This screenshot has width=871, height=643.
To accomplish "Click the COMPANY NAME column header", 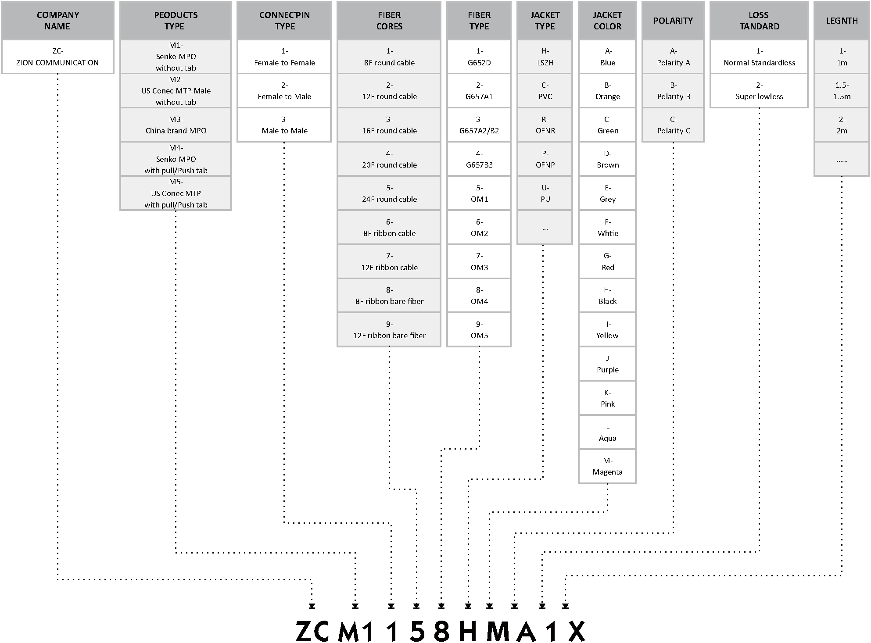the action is coord(57,21).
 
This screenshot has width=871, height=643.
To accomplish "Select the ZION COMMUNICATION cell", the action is coord(57,57).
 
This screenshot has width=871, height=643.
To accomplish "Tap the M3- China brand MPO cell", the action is coord(176,125).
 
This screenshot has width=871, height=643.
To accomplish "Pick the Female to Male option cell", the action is coord(284,91).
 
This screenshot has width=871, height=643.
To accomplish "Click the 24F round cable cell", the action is coord(389,193).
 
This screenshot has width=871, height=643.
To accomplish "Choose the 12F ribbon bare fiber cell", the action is coord(389,330).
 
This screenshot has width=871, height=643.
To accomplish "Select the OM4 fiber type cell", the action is coord(479,296).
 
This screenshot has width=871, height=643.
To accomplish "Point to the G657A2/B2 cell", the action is coord(479,125).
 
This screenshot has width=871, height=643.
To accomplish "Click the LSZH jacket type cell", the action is coord(545,57).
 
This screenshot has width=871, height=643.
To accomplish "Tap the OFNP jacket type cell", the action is coord(545,159).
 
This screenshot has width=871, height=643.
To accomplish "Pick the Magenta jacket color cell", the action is coord(607,466).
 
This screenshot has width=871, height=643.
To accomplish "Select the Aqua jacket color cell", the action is coord(607,432).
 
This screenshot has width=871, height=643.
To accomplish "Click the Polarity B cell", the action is coord(674,91).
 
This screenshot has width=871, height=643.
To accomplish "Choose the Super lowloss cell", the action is coord(759,91).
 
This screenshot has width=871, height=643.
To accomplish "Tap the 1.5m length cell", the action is coord(842,91).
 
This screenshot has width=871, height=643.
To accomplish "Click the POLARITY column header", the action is coord(674,21).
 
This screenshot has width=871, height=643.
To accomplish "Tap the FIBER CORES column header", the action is coord(389,21).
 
